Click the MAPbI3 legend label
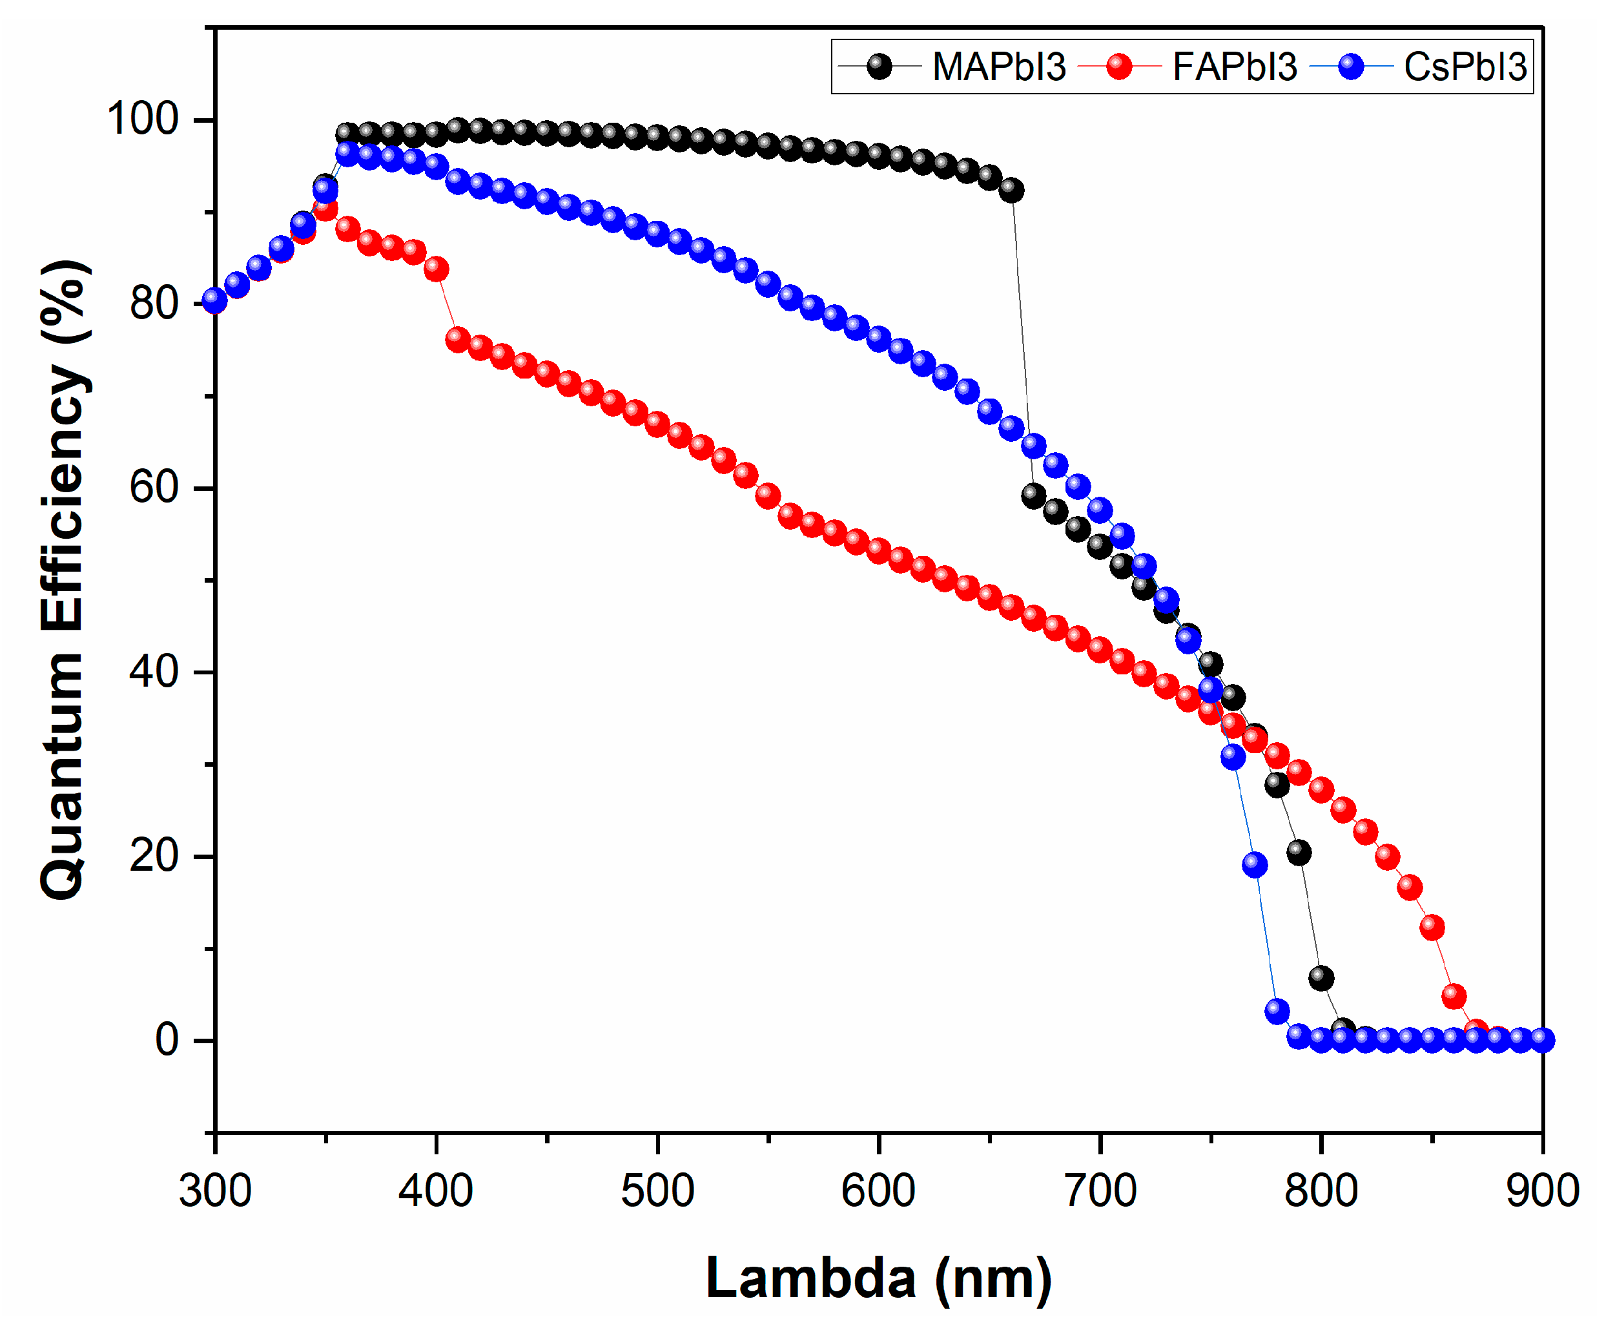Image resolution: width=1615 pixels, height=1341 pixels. click(998, 67)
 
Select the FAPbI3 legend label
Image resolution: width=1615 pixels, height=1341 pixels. click(1234, 67)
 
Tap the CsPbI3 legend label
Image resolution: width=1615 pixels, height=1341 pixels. click(1465, 67)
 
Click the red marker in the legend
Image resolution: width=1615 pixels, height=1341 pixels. click(1119, 67)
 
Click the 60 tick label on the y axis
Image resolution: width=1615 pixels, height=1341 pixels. click(153, 488)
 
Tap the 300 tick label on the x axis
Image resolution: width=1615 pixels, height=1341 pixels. click(214, 1191)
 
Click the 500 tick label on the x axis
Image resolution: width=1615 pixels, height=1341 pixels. click(657, 1191)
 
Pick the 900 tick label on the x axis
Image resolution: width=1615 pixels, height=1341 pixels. click(1542, 1191)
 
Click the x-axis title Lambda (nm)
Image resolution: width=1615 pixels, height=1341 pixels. click(878, 1279)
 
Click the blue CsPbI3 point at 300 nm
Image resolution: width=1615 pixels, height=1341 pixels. click(214, 300)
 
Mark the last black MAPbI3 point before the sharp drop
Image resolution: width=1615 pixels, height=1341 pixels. click(1011, 190)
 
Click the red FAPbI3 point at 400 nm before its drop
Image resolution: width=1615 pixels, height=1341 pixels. click(436, 269)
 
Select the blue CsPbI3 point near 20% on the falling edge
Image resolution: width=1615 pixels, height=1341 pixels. click(1254, 865)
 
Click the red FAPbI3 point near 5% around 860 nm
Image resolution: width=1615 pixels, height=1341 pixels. click(1454, 996)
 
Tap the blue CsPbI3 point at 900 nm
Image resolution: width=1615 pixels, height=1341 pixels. click(1542, 1040)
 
